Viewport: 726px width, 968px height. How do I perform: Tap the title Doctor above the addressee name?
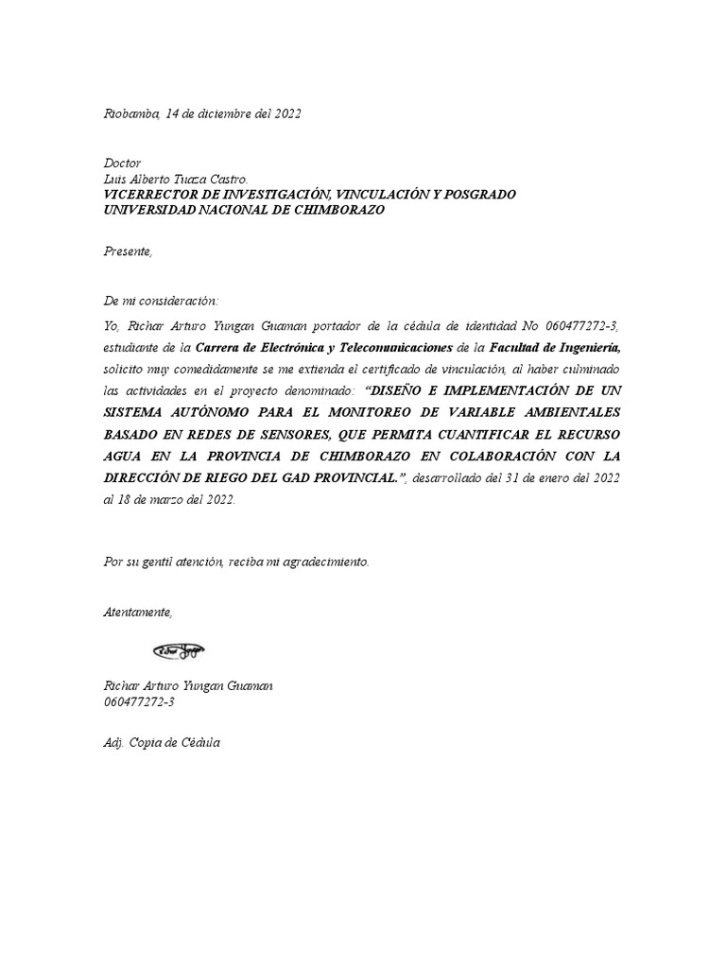click(122, 164)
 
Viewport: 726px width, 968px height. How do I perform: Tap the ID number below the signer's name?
click(139, 702)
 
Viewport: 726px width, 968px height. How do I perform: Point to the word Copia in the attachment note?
click(148, 743)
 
